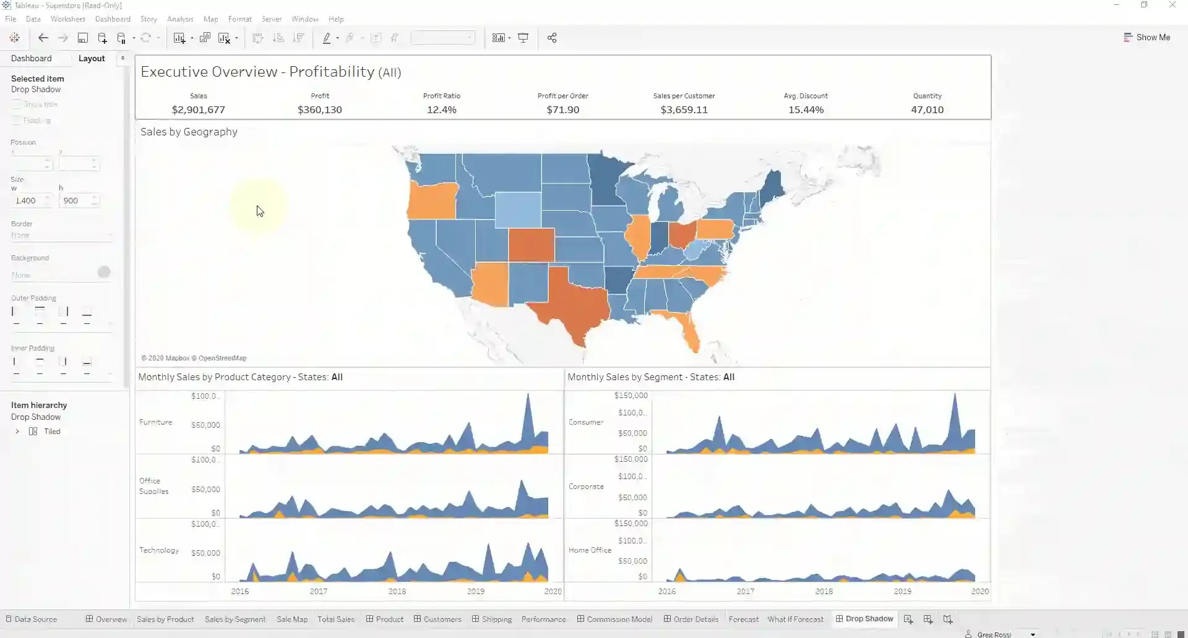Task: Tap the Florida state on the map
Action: pyautogui.click(x=687, y=328)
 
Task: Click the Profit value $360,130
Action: pyautogui.click(x=319, y=109)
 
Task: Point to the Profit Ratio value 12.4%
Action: pyautogui.click(x=441, y=109)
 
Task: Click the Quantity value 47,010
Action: pyautogui.click(x=927, y=109)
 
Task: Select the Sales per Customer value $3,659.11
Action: pyautogui.click(x=684, y=109)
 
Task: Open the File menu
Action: pyautogui.click(x=11, y=19)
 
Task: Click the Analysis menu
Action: pyautogui.click(x=180, y=19)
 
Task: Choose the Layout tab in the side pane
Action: pyautogui.click(x=92, y=58)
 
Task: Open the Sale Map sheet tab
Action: pyautogui.click(x=292, y=619)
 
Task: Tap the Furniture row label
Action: pyautogui.click(x=156, y=422)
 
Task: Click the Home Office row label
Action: pyautogui.click(x=590, y=550)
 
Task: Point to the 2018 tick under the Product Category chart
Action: pyautogui.click(x=397, y=591)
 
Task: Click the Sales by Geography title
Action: pyautogui.click(x=189, y=132)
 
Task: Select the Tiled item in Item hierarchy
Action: pyautogui.click(x=52, y=432)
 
